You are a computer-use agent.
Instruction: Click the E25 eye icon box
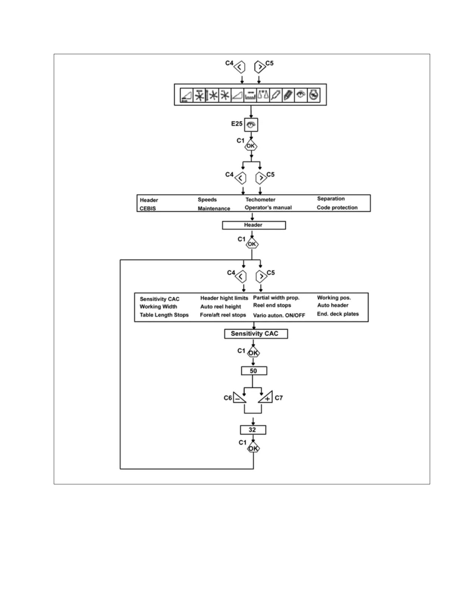click(251, 125)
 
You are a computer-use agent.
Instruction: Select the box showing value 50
click(254, 371)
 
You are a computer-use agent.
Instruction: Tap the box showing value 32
click(253, 430)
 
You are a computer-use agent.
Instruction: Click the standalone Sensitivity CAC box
click(256, 334)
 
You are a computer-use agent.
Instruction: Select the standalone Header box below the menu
click(254, 225)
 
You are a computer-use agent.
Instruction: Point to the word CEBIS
click(148, 209)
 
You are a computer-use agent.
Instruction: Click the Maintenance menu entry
click(214, 209)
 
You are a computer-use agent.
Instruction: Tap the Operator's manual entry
click(268, 207)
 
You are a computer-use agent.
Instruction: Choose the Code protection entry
click(337, 207)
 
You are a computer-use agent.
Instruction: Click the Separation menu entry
click(331, 198)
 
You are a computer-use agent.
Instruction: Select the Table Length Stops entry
click(164, 315)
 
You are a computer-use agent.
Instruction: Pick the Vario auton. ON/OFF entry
click(279, 315)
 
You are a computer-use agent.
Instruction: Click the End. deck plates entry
click(338, 314)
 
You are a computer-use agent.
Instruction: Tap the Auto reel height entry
click(221, 306)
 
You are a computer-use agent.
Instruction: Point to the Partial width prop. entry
click(276, 298)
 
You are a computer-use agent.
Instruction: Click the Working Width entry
click(158, 306)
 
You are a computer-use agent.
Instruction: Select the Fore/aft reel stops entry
click(223, 315)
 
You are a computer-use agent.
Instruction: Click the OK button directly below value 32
click(254, 448)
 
